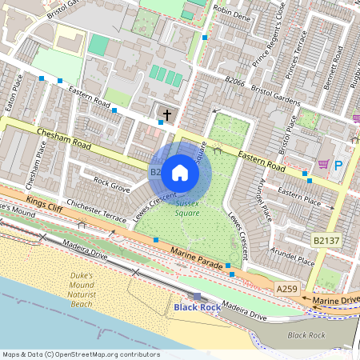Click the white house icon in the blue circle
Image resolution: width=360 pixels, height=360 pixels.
click(x=180, y=172)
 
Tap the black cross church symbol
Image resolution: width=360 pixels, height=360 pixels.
click(x=167, y=114)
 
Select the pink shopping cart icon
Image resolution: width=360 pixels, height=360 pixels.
click(x=323, y=164)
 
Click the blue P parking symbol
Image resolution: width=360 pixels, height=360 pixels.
click(x=338, y=165)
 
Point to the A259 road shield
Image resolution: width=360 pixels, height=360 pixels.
click(x=286, y=287)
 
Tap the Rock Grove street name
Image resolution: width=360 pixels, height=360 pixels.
click(x=111, y=185)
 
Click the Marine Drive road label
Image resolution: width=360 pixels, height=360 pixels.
click(x=336, y=301)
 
